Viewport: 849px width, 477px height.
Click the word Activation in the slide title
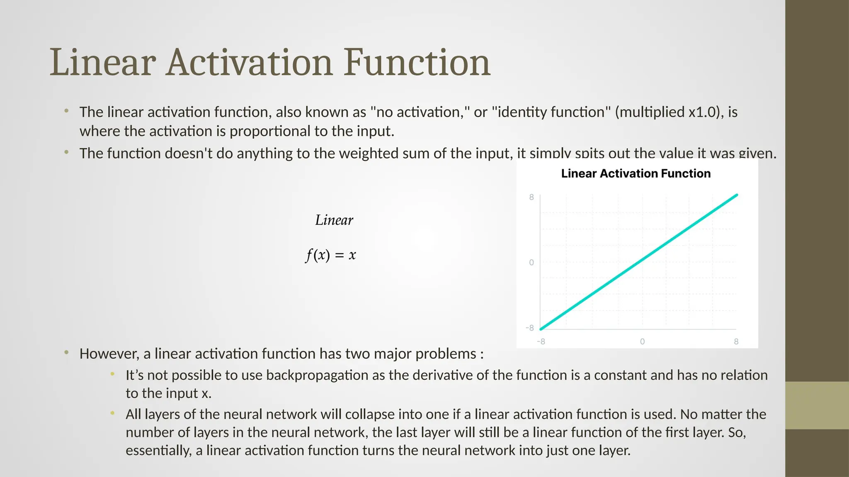[x=249, y=63]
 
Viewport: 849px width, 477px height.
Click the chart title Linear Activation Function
[x=636, y=173]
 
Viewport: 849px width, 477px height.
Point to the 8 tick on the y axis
[x=531, y=197]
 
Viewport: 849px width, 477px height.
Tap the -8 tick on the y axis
[x=530, y=328]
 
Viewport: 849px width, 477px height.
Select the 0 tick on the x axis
[x=642, y=342]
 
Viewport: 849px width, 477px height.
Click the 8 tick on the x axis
[x=736, y=342]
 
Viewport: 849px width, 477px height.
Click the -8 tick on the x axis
[x=541, y=342]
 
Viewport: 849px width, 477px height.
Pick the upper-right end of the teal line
[x=737, y=195]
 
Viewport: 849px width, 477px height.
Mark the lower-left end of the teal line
[x=541, y=329]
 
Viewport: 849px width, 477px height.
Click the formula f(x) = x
[x=330, y=255]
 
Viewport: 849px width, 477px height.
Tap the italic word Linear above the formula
[x=334, y=220]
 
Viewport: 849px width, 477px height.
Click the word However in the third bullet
[x=109, y=354]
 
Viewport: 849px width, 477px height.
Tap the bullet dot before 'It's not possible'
[x=112, y=374]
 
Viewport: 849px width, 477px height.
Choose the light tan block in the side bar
[x=817, y=405]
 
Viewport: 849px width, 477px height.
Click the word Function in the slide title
[x=417, y=63]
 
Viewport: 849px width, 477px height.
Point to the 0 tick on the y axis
[x=531, y=263]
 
